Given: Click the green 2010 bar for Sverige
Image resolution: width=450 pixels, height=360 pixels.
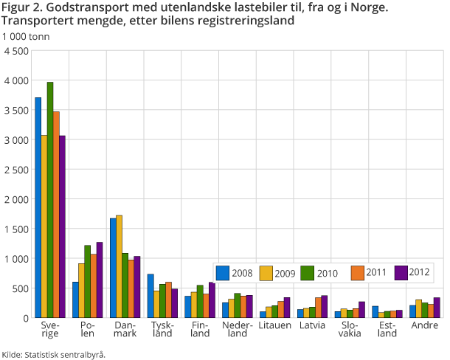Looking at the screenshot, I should point(50,199).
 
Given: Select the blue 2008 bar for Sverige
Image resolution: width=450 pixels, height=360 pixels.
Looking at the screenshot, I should point(38,207).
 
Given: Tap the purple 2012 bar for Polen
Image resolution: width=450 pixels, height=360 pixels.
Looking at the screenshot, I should point(100,280).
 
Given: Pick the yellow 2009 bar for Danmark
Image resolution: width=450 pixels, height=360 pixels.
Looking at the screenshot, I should point(120,266).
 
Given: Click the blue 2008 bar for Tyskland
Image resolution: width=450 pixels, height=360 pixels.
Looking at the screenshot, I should point(150,296).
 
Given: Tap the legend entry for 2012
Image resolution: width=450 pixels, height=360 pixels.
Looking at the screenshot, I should point(413,273).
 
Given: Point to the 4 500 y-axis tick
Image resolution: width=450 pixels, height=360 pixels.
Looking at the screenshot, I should point(16,50).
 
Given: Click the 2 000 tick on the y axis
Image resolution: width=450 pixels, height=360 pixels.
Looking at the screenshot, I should point(16,199).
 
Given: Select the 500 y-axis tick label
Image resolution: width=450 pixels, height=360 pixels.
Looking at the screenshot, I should point(20,288).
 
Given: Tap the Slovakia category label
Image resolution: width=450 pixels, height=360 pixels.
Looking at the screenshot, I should point(350,328).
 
